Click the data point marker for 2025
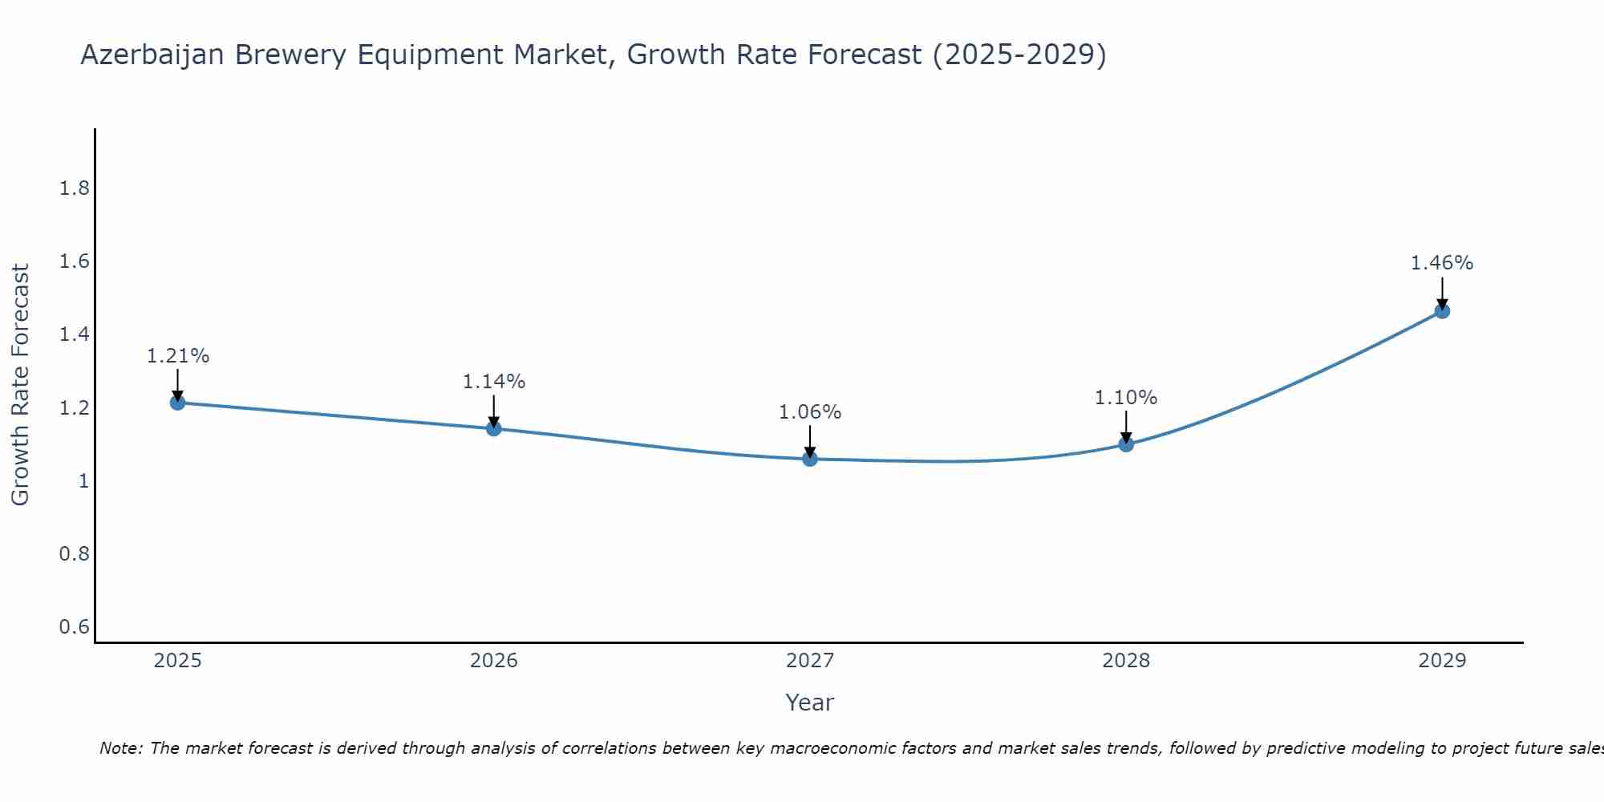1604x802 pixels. click(178, 403)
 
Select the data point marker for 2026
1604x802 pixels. click(494, 428)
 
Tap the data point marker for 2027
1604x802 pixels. click(810, 459)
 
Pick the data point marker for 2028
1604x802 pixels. click(1126, 444)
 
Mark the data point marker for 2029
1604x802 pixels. click(1442, 311)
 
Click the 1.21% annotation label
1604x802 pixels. click(178, 356)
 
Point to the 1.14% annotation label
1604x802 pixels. click(494, 382)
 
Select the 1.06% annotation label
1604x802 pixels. click(810, 412)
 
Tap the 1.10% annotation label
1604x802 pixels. click(1126, 398)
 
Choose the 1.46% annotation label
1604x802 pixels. click(1442, 263)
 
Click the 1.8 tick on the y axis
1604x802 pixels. click(75, 188)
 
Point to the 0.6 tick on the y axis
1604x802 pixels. click(75, 626)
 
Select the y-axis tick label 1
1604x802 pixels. click(83, 481)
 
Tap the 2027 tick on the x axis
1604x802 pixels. click(810, 661)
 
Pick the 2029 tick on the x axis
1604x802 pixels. click(1442, 661)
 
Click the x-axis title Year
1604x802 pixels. click(810, 703)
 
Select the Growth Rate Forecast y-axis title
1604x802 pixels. click(20, 385)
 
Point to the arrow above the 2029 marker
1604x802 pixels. click(1442, 294)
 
